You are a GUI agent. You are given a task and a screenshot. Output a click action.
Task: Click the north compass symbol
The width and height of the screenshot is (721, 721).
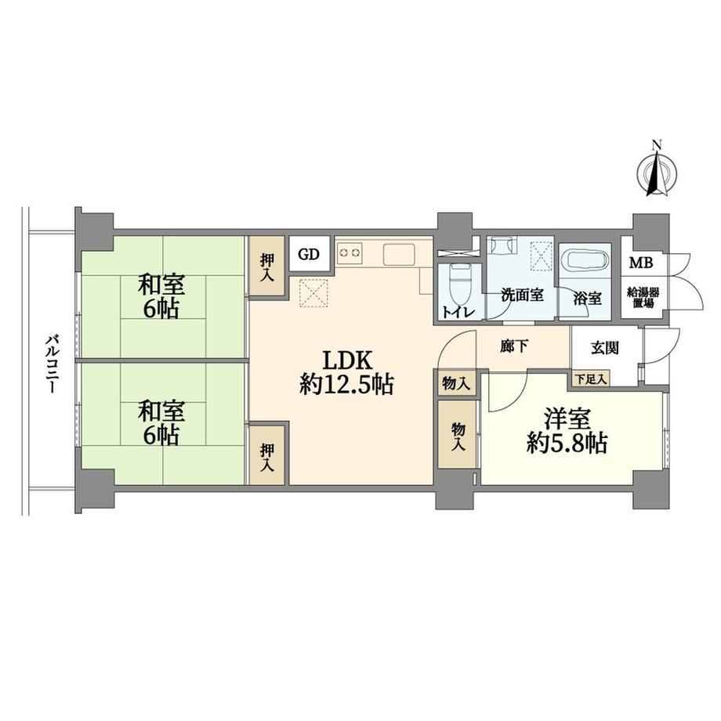[657, 173]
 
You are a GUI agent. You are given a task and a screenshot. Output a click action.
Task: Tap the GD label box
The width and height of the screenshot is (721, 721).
[309, 254]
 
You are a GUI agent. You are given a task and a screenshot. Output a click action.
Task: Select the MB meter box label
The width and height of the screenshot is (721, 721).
[641, 263]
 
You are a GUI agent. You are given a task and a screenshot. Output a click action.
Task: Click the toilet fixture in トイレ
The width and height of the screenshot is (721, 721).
[457, 281]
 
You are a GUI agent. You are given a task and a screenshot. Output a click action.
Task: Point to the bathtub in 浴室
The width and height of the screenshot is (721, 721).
[585, 261]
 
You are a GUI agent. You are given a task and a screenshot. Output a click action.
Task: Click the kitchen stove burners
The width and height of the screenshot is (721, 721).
[350, 252]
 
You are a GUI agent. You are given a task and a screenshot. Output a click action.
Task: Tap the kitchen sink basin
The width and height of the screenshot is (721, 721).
[399, 254]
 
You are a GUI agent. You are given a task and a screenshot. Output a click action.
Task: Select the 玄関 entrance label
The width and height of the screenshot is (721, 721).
[605, 348]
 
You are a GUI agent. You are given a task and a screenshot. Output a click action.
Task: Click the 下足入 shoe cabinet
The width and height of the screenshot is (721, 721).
[592, 379]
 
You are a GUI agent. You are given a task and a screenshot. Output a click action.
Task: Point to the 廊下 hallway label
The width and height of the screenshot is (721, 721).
[513, 346]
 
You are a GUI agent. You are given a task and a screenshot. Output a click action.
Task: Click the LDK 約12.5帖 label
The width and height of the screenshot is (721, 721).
[346, 372]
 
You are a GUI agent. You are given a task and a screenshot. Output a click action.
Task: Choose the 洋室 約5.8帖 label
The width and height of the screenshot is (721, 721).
[567, 431]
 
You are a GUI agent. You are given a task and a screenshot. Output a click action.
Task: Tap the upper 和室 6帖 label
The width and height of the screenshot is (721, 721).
[161, 296]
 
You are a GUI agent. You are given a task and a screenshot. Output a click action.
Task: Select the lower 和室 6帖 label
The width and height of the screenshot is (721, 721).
[161, 422]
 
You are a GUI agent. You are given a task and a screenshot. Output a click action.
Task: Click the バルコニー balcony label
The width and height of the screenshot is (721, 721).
[51, 364]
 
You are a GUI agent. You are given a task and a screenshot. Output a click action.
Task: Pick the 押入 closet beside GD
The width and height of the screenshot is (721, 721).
[267, 266]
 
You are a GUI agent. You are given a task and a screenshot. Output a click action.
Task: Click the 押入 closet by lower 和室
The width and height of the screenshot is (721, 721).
[267, 455]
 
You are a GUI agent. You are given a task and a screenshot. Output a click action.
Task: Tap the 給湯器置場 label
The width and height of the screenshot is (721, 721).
[642, 298]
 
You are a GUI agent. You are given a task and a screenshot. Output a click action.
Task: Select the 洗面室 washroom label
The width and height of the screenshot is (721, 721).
[522, 295]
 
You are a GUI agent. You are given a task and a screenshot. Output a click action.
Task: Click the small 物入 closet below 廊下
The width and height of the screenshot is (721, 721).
[456, 383]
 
